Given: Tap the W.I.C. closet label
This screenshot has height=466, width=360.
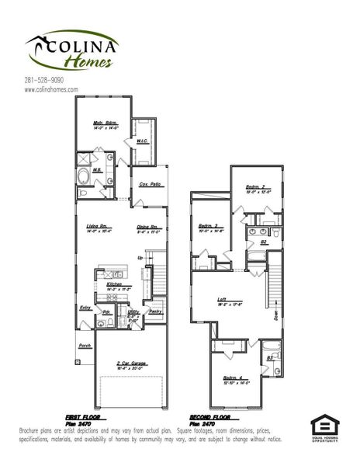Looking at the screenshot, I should [x=143, y=141].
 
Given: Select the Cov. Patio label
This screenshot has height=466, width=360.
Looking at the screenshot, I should [x=150, y=184].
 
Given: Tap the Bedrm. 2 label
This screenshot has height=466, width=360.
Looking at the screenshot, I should [x=257, y=187].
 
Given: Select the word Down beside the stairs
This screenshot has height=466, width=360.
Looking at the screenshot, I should [x=277, y=315].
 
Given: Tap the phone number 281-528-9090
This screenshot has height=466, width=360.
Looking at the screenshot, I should [x=44, y=79].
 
